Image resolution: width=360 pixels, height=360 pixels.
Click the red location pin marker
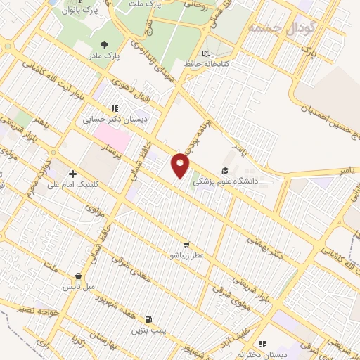point(181,165)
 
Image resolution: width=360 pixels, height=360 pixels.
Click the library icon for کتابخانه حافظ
point(205,53)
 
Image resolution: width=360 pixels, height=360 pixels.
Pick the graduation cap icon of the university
point(225,170)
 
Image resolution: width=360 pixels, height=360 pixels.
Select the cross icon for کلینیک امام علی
point(72,174)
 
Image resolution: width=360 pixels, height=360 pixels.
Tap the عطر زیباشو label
point(186,255)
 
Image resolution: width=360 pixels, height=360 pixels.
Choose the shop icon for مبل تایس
point(78,276)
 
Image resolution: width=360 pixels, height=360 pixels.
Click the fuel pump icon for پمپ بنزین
point(148,318)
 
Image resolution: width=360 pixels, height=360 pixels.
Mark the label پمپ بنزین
point(148,329)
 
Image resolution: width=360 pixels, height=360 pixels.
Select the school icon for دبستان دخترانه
point(262,344)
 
